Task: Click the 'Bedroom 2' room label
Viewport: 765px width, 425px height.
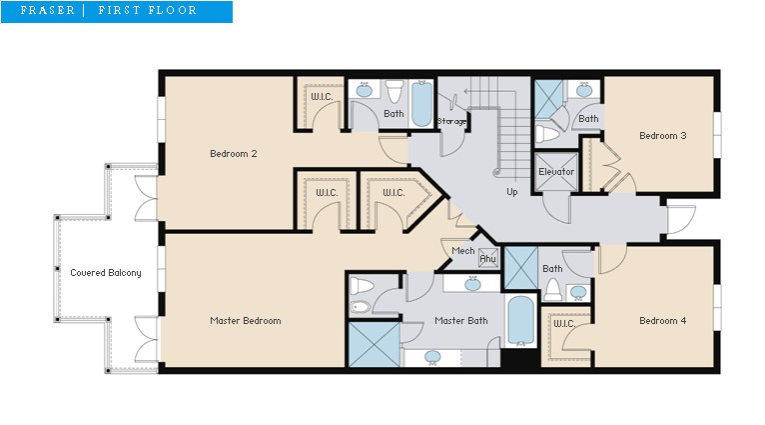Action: click(x=234, y=154)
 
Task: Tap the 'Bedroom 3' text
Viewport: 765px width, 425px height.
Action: click(x=662, y=136)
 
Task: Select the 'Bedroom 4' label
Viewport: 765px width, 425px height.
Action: click(x=662, y=321)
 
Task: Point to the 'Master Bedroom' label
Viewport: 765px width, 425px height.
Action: click(x=245, y=321)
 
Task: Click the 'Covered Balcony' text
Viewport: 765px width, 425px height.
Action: click(x=105, y=273)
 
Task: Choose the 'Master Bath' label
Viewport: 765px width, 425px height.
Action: click(x=460, y=321)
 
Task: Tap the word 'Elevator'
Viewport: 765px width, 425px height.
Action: click(x=556, y=172)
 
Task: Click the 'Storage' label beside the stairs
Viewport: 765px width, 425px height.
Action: click(x=451, y=122)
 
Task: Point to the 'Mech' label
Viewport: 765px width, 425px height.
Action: click(x=462, y=251)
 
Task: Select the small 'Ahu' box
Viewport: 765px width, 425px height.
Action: click(x=488, y=258)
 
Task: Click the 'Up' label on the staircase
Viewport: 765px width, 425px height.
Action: click(x=511, y=192)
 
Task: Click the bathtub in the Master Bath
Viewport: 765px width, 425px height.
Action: click(x=519, y=320)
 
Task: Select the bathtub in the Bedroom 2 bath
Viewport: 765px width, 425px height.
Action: click(x=421, y=105)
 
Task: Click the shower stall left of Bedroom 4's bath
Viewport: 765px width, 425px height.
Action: click(x=520, y=266)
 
